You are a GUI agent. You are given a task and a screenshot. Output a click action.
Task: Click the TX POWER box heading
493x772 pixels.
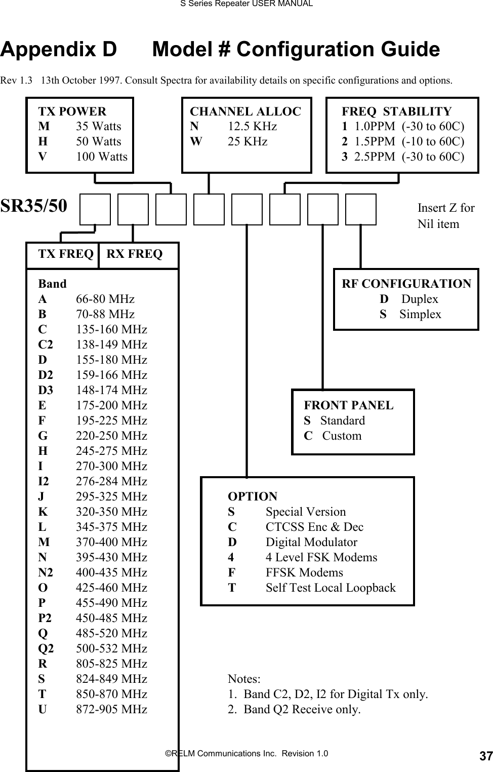tap(72, 111)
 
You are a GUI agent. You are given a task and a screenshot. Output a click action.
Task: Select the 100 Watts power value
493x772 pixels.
tap(101, 157)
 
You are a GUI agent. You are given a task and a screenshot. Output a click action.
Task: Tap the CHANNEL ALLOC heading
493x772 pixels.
tap(245, 111)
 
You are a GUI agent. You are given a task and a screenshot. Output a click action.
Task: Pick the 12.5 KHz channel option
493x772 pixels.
tap(252, 127)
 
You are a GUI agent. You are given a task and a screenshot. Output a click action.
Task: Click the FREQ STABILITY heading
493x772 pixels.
tap(396, 111)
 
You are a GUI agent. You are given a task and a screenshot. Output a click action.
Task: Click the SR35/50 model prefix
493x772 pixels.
tap(34, 206)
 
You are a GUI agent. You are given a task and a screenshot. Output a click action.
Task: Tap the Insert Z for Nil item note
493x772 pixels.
tap(445, 216)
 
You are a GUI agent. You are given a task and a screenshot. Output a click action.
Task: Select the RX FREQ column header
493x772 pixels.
tap(135, 254)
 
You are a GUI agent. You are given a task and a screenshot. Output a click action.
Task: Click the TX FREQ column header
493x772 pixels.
tap(66, 254)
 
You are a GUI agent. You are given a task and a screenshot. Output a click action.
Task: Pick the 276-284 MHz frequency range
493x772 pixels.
tap(111, 482)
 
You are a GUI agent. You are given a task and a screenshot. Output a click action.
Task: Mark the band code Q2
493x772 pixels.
tap(45, 649)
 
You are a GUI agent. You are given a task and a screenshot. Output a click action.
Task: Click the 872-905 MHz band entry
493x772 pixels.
tap(111, 710)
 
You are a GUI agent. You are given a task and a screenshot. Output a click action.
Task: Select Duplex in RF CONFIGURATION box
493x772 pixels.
tap(419, 299)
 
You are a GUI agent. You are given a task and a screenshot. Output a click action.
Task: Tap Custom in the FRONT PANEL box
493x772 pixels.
tap(342, 436)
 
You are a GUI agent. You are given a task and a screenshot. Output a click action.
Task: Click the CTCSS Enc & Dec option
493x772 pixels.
tap(314, 527)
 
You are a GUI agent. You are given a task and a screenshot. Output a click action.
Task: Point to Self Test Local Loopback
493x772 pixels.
tap(331, 588)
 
